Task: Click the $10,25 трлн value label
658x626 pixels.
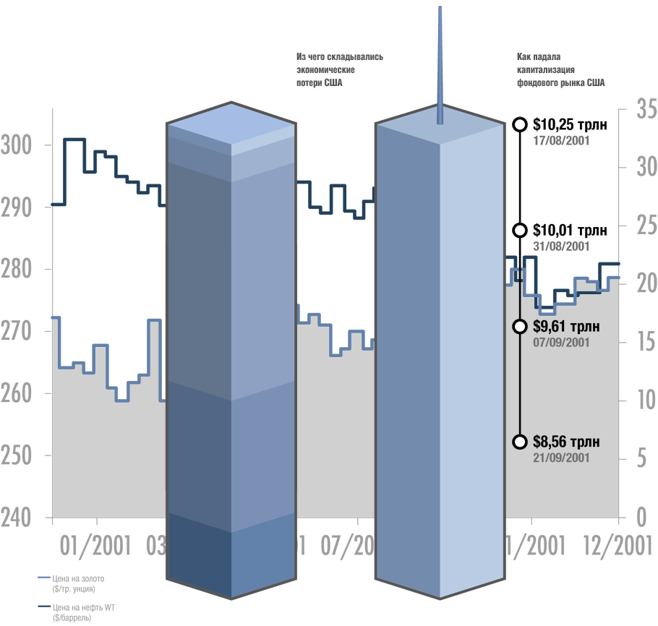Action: [x=570, y=124]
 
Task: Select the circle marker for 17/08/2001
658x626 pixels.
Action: [x=518, y=124]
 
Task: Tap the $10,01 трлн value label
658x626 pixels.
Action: [x=569, y=231]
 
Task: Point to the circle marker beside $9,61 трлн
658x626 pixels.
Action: [x=518, y=327]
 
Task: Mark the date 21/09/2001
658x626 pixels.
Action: [x=561, y=458]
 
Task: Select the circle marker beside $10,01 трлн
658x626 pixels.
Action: [x=518, y=230]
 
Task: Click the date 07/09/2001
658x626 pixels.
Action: [x=561, y=342]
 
